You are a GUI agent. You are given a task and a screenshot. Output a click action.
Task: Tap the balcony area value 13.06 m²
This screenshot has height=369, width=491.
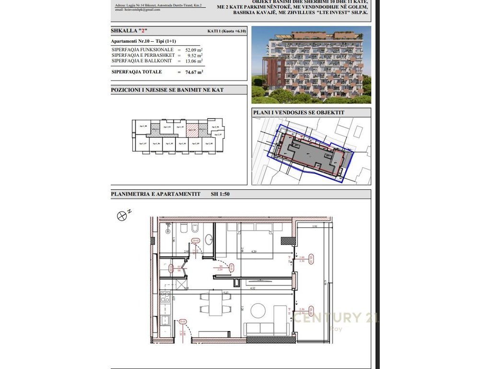(194, 61)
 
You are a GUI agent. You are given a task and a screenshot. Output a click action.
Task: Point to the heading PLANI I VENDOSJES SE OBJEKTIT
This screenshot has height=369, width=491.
(298, 112)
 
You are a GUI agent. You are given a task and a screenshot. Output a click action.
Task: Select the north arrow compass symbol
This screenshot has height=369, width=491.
(122, 216)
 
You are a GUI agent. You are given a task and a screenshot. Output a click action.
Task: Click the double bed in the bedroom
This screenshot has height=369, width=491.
(256, 239)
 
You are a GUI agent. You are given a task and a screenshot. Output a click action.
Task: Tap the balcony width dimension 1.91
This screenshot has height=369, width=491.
(315, 226)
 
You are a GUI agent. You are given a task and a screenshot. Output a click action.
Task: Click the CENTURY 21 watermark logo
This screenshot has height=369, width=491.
(336, 318)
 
